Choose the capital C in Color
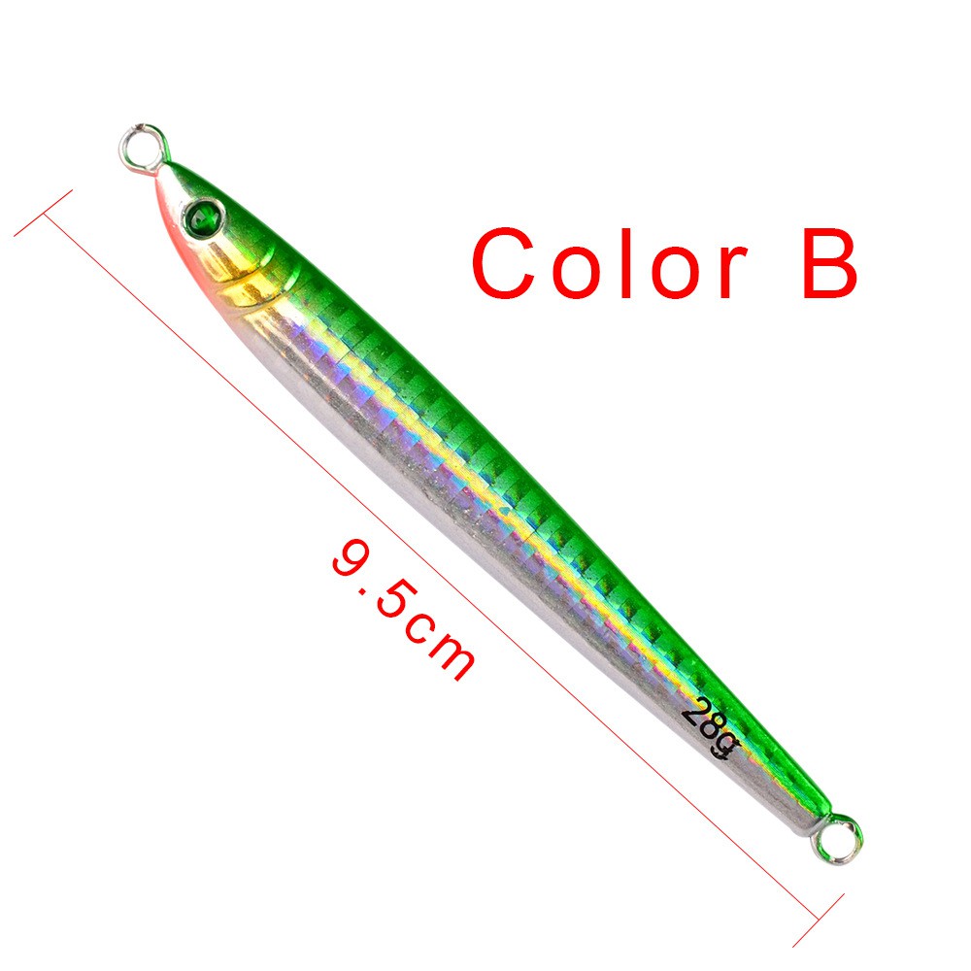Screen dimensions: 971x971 coord(508,263)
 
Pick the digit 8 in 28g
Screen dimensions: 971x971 coord(709,729)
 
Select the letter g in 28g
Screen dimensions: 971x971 coord(725,746)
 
